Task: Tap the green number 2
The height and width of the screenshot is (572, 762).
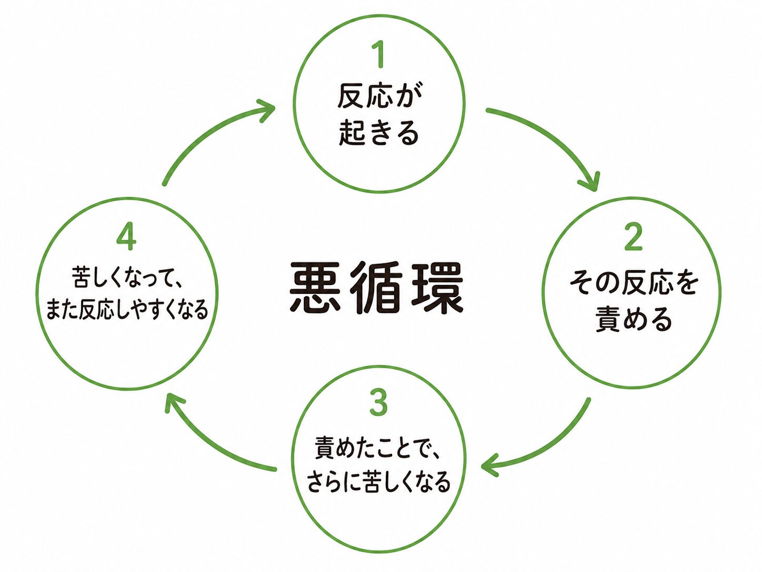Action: (633, 238)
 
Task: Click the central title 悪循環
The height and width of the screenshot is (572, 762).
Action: (377, 288)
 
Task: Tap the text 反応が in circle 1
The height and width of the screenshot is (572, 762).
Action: (379, 96)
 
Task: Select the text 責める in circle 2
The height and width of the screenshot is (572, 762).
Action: (634, 319)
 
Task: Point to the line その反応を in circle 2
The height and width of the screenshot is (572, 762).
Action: (634, 283)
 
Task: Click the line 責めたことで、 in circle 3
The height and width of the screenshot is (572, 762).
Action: (379, 448)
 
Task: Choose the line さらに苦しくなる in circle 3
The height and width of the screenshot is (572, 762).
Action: (379, 481)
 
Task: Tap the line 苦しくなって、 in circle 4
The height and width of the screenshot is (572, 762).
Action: (127, 278)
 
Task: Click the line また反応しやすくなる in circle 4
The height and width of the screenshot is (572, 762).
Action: (127, 309)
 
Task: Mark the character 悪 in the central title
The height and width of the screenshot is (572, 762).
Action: (315, 288)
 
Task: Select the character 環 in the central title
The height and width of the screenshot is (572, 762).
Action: (438, 288)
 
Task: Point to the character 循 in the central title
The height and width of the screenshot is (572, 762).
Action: (377, 288)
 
